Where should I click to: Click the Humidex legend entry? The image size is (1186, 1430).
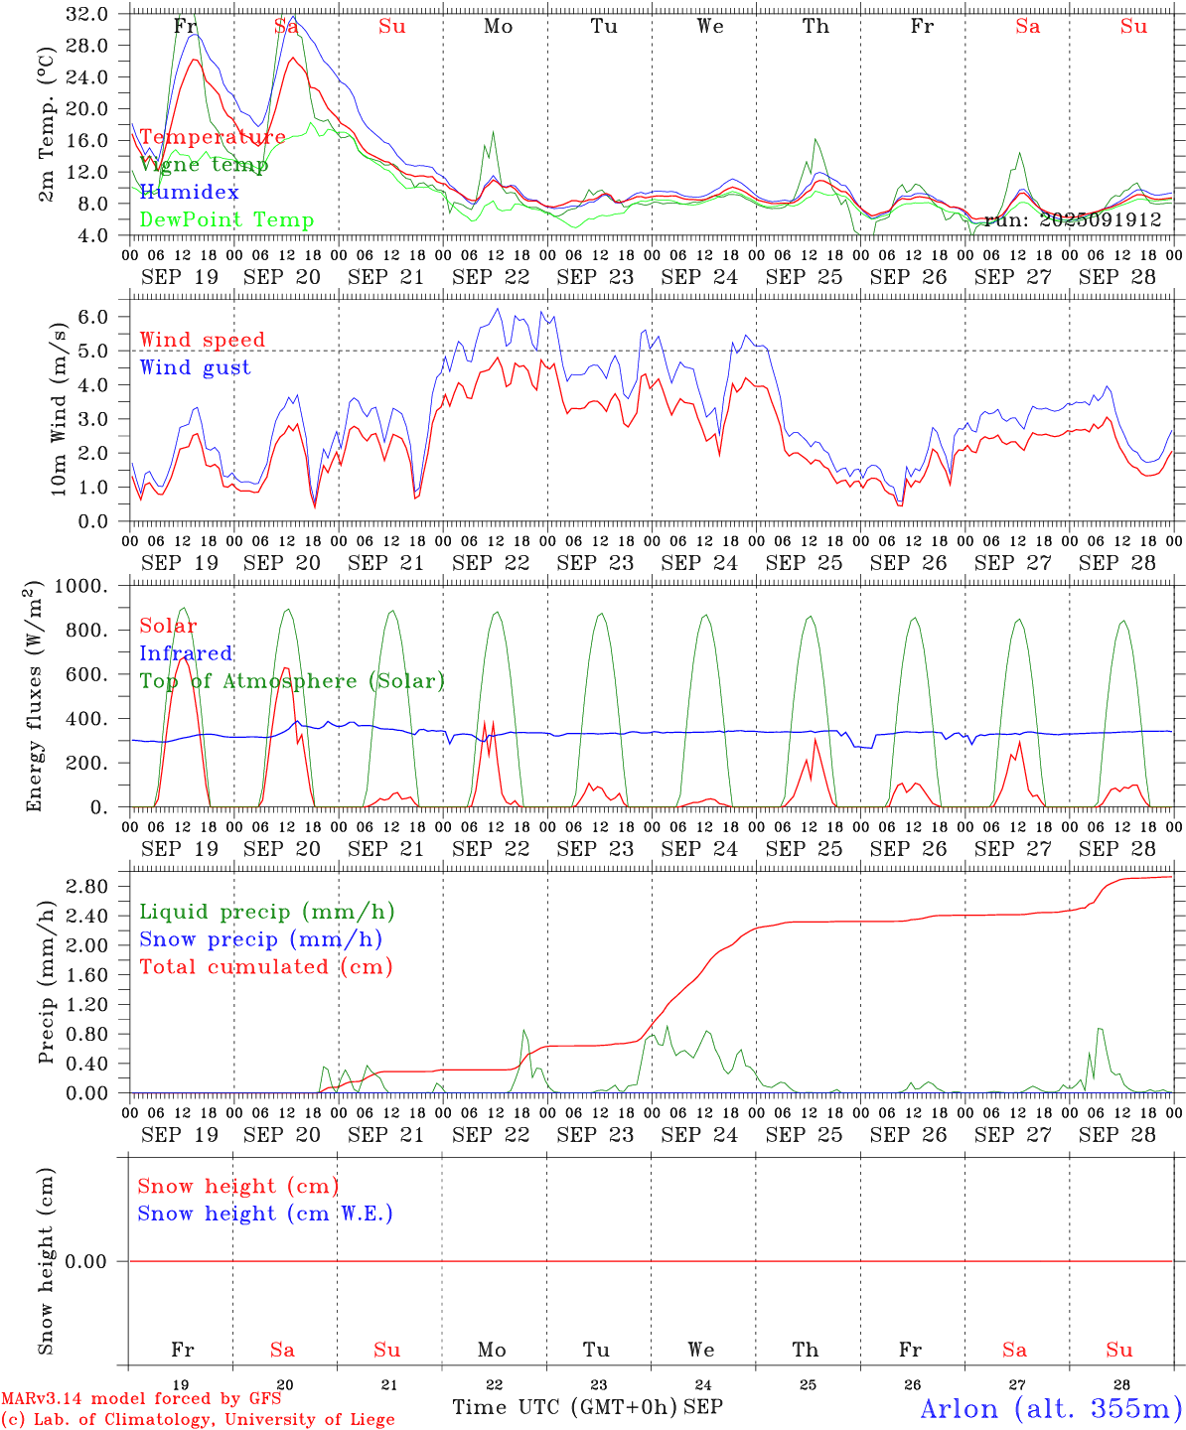(x=189, y=193)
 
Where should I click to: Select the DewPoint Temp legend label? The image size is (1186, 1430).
(x=226, y=220)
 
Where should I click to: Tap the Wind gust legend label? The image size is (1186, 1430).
(x=195, y=367)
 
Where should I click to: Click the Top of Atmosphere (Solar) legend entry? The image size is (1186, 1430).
(x=292, y=681)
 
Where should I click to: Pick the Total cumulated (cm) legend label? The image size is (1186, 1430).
(x=265, y=967)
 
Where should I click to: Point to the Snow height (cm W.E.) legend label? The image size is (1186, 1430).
(x=264, y=1214)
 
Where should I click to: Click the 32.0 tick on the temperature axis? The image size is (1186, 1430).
(x=88, y=14)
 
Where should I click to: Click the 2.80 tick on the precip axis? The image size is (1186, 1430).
(x=88, y=887)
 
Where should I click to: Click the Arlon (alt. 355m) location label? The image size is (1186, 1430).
(x=1051, y=1408)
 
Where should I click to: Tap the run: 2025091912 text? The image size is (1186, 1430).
(x=1073, y=220)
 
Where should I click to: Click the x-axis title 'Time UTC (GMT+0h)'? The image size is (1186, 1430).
(x=565, y=1407)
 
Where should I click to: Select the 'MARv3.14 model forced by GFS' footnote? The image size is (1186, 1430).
(x=141, y=1399)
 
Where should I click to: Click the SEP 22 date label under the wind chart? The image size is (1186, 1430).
(x=491, y=563)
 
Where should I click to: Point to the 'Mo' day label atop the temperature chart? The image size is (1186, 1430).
(x=499, y=27)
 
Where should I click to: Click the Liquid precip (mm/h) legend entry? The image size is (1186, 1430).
(x=266, y=912)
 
